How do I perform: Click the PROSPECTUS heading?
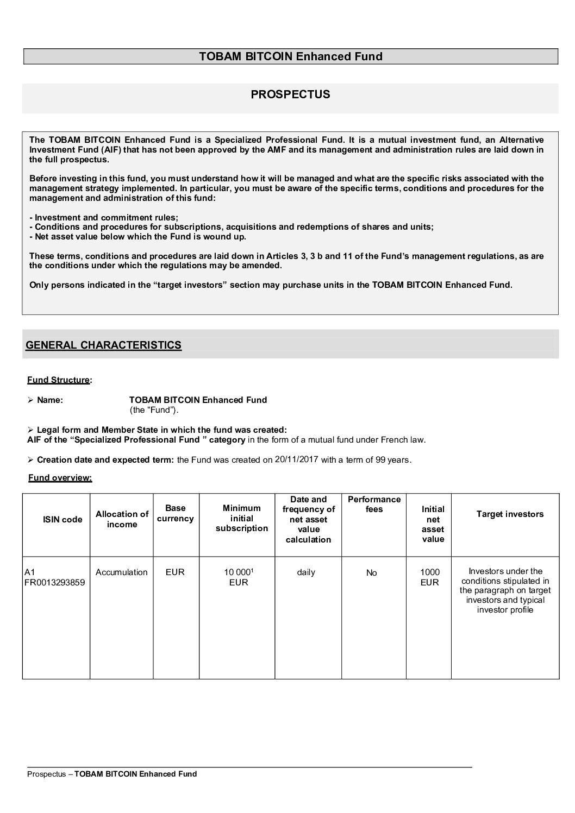(290, 94)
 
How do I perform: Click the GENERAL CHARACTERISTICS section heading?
(103, 345)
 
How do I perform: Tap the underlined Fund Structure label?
(58, 380)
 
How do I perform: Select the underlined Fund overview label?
(60, 478)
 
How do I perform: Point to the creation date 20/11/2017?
(296, 459)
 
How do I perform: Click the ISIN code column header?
(62, 519)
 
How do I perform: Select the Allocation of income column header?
(122, 519)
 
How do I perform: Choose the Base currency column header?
(175, 513)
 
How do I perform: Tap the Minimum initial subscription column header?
(241, 518)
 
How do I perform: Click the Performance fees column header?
(374, 504)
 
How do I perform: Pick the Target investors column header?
(510, 514)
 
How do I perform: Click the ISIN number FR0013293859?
(54, 583)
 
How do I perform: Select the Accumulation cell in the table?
(121, 572)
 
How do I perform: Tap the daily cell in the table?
(306, 572)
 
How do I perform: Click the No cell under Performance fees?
(372, 572)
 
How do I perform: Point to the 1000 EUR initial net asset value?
(430, 577)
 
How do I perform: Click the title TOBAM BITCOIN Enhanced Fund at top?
(290, 56)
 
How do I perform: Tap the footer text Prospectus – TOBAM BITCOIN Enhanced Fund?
(112, 774)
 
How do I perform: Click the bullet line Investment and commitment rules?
(103, 217)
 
